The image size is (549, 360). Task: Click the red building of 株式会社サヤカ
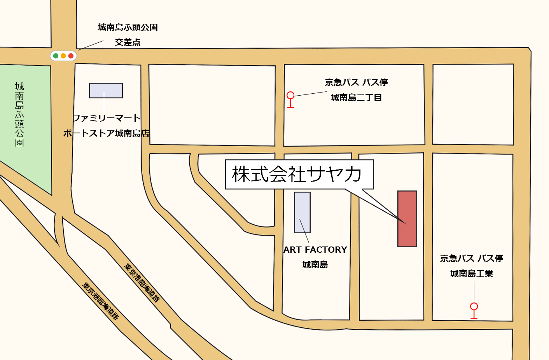coord(407,218)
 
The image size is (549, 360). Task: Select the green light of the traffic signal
coord(56,56)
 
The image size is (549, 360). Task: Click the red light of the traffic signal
coord(71,56)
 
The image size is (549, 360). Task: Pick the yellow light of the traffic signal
coord(63,56)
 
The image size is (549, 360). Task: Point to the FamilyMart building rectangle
coord(106,91)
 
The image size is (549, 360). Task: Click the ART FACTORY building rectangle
coord(302,212)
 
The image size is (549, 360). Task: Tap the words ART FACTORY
coord(315,250)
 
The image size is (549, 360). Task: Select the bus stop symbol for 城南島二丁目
coord(290,99)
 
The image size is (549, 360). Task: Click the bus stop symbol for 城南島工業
coord(474,310)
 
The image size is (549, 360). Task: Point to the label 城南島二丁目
coord(356,98)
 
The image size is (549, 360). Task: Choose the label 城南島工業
coord(472,274)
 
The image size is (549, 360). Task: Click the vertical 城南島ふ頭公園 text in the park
coord(19,114)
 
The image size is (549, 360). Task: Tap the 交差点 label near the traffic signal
coord(128,42)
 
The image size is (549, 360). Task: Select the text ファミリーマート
coord(106,118)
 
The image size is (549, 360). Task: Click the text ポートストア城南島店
coord(106,133)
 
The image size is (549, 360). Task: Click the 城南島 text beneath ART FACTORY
coord(315,265)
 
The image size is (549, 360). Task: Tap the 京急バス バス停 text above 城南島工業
coord(471,259)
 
